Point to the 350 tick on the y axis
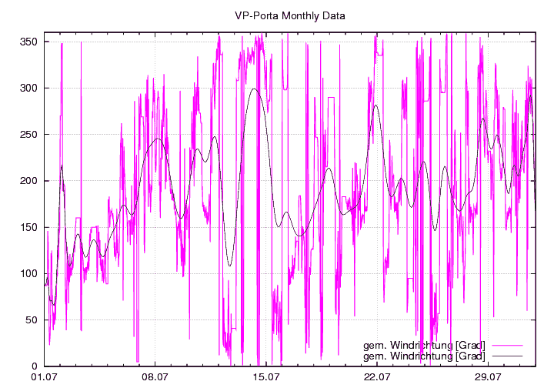click(x=31, y=42)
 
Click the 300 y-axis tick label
click(x=31, y=88)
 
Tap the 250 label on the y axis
click(x=31, y=134)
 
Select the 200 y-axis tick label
click(x=31, y=181)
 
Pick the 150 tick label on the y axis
click(x=31, y=227)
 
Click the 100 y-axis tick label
click(x=31, y=273)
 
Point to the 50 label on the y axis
click(x=33, y=319)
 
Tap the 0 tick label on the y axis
click(x=36, y=366)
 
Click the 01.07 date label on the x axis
click(x=44, y=377)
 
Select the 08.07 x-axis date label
click(x=155, y=377)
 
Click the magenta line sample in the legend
click(x=507, y=344)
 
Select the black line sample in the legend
click(x=507, y=356)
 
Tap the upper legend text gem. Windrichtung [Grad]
click(x=424, y=344)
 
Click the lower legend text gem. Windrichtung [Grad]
click(x=424, y=356)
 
